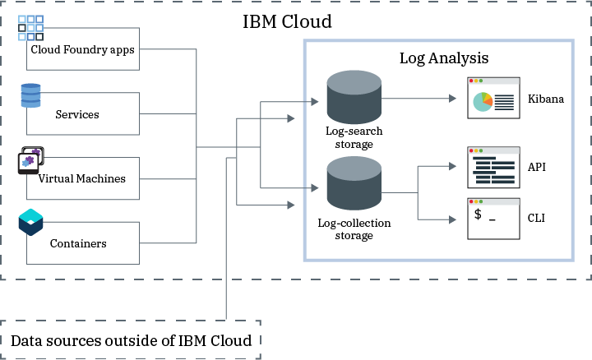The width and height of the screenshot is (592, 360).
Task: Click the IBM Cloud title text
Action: (287, 21)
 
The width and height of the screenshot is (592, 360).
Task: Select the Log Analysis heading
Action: (444, 58)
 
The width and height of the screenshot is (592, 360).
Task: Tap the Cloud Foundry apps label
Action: (82, 49)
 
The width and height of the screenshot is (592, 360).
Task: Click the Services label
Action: (77, 114)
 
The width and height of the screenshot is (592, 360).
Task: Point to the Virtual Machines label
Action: (81, 178)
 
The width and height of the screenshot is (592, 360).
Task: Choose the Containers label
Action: (78, 243)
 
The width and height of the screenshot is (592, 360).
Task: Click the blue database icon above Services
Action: (31, 95)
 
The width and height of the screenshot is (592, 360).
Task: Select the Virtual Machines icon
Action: (30, 161)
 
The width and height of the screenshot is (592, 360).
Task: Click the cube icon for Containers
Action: (30, 223)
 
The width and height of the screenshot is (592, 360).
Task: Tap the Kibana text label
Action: (546, 99)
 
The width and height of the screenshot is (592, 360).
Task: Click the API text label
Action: (537, 167)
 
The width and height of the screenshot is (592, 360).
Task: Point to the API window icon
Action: (493, 168)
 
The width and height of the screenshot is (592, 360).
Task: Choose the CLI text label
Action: (537, 218)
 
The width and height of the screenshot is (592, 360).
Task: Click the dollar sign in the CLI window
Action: (477, 216)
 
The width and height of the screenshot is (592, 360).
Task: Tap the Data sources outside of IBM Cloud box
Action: (132, 339)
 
